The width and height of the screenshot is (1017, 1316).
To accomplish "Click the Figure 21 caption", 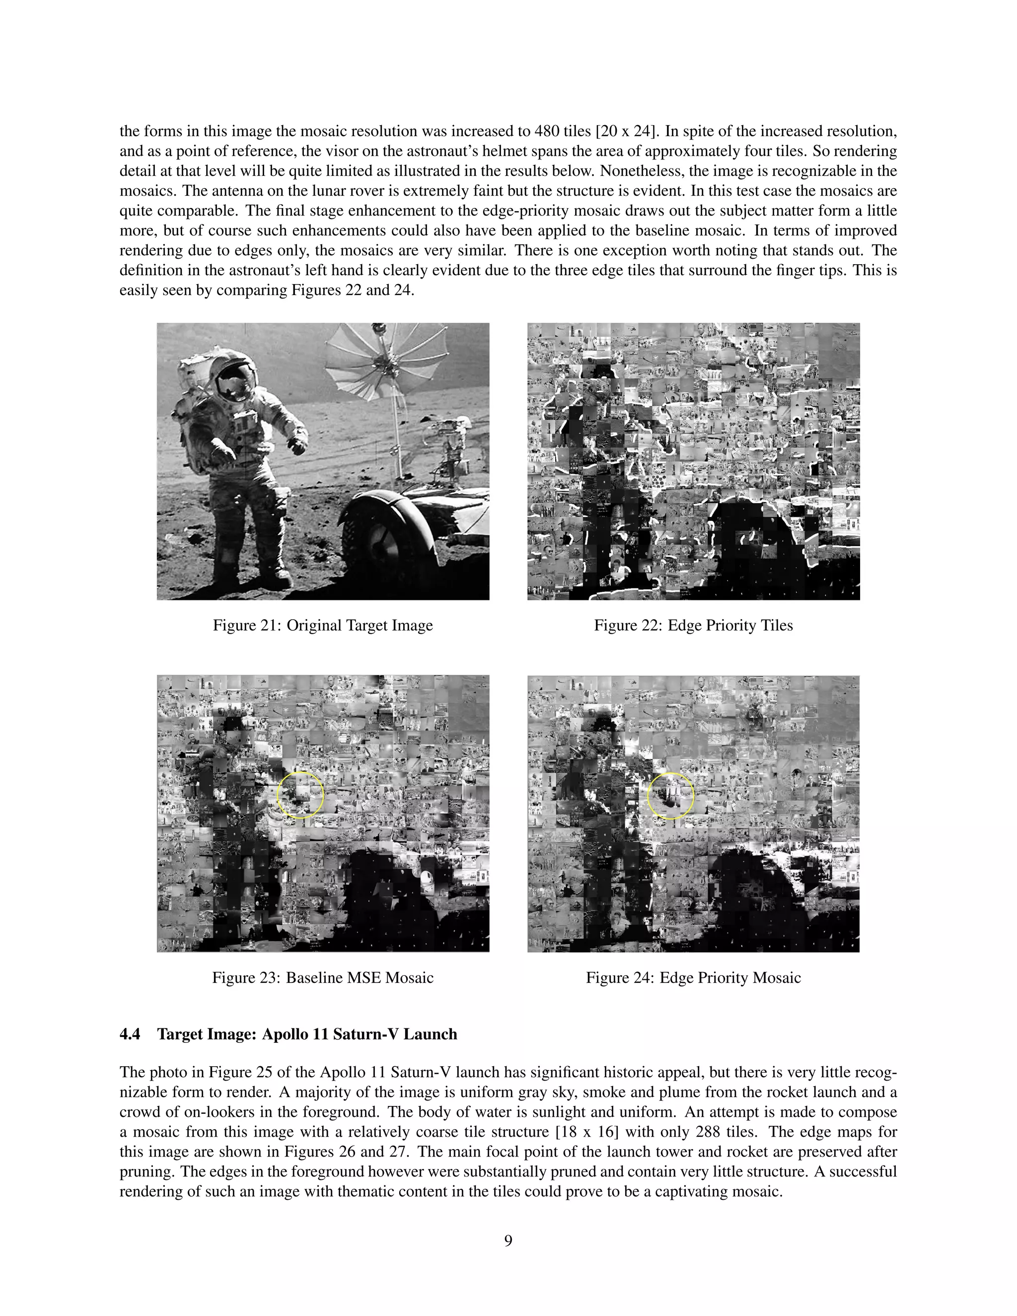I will pyautogui.click(x=322, y=625).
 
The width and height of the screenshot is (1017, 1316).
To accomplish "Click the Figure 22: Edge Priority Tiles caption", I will pyautogui.click(x=693, y=625).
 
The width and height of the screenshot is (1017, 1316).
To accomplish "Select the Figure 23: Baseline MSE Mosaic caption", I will pyautogui.click(x=322, y=977).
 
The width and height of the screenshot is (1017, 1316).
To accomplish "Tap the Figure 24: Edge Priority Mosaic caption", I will pyautogui.click(x=693, y=977).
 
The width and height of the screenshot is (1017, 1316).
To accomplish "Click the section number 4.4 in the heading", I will pyautogui.click(x=130, y=1034).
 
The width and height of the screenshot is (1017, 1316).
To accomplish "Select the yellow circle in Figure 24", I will pyautogui.click(x=670, y=796).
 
